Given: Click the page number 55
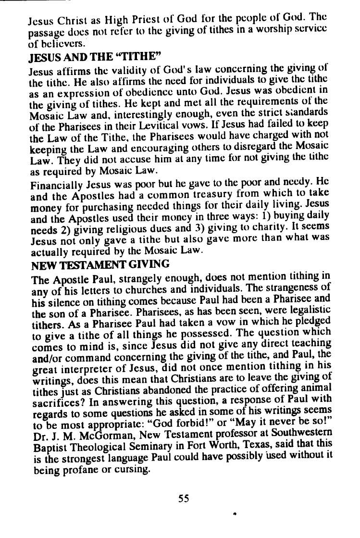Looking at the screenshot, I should click(184, 498).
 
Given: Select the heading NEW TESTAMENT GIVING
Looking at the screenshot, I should click(100, 264).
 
